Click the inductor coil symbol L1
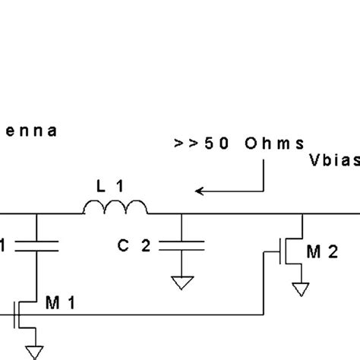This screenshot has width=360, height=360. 115,207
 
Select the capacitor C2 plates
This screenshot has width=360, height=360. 183,245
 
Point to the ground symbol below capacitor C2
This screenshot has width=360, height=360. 183,282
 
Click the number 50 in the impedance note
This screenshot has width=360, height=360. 220,144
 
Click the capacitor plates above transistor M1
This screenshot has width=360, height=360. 36,245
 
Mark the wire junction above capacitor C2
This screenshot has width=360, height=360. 183,215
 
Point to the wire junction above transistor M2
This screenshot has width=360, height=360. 302,215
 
